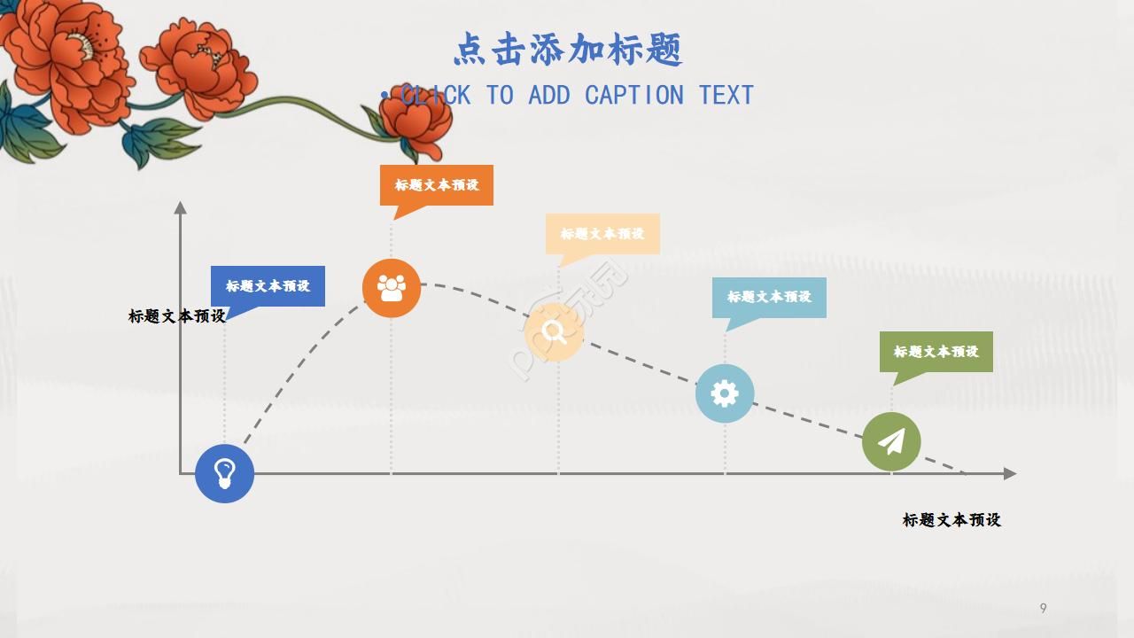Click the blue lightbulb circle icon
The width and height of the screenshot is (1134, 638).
(224, 473)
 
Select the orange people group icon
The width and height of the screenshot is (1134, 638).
(391, 288)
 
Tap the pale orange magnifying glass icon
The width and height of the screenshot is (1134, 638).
(554, 332)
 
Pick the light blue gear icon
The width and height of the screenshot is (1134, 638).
(724, 393)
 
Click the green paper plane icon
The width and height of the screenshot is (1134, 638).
(891, 441)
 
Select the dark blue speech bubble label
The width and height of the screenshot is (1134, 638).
(268, 286)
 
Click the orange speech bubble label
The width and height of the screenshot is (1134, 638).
(437, 185)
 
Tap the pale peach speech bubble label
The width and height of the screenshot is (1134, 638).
(602, 234)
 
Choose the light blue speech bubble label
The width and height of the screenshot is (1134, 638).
(769, 297)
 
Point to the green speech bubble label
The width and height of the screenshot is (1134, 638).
(936, 352)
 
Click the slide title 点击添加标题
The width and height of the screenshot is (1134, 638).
(567, 50)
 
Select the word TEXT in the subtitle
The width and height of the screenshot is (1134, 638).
(726, 95)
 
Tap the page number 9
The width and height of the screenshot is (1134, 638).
(1043, 608)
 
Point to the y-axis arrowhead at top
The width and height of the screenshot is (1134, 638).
(181, 207)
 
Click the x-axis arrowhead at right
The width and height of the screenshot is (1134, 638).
(1009, 474)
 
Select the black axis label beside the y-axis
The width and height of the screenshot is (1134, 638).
(176, 316)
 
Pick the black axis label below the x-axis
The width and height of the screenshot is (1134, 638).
(951, 520)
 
